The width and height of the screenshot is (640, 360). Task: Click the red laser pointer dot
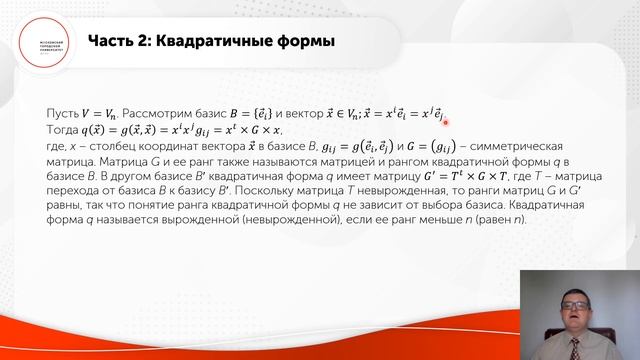click(x=443, y=123)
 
